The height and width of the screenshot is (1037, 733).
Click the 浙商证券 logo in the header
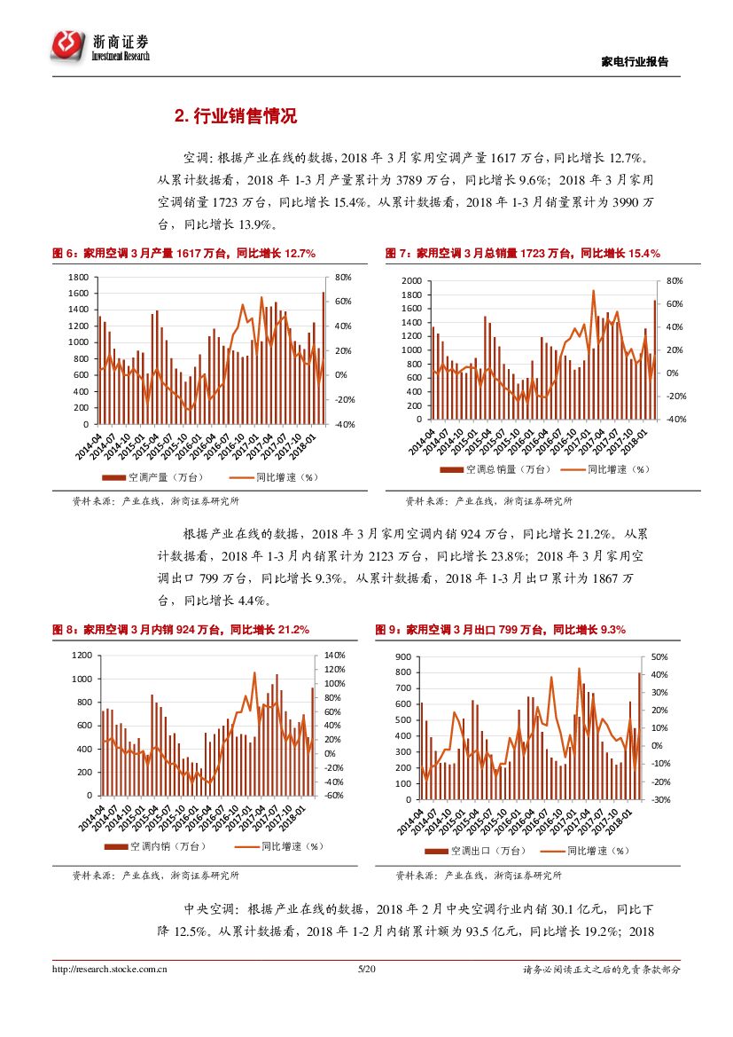click(99, 45)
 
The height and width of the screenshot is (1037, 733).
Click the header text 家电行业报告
click(635, 62)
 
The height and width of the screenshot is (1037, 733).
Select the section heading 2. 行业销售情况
click(235, 116)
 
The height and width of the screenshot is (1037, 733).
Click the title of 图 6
click(184, 254)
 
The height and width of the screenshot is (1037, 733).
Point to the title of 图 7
click(523, 254)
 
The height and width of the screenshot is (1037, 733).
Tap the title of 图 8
click(181, 630)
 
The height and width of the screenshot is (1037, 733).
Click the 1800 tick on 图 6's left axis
click(79, 278)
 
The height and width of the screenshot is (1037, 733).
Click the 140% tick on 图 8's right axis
click(334, 655)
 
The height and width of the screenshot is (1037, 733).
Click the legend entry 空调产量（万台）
click(164, 476)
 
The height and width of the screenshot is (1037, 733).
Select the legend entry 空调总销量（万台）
click(501, 469)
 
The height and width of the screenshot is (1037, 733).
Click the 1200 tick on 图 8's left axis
click(82, 655)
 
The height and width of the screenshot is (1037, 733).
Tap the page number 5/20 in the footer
click(366, 970)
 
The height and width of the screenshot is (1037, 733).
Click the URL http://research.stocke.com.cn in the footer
click(111, 970)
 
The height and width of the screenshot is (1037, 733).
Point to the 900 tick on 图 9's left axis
click(403, 656)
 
